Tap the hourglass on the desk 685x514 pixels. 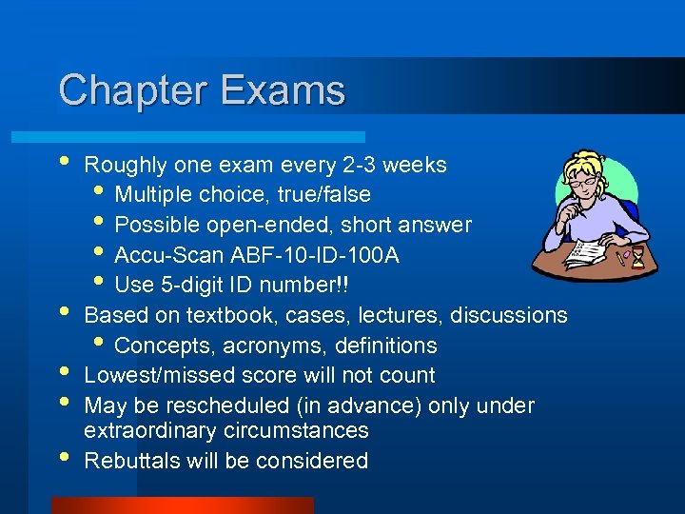[x=637, y=257]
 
